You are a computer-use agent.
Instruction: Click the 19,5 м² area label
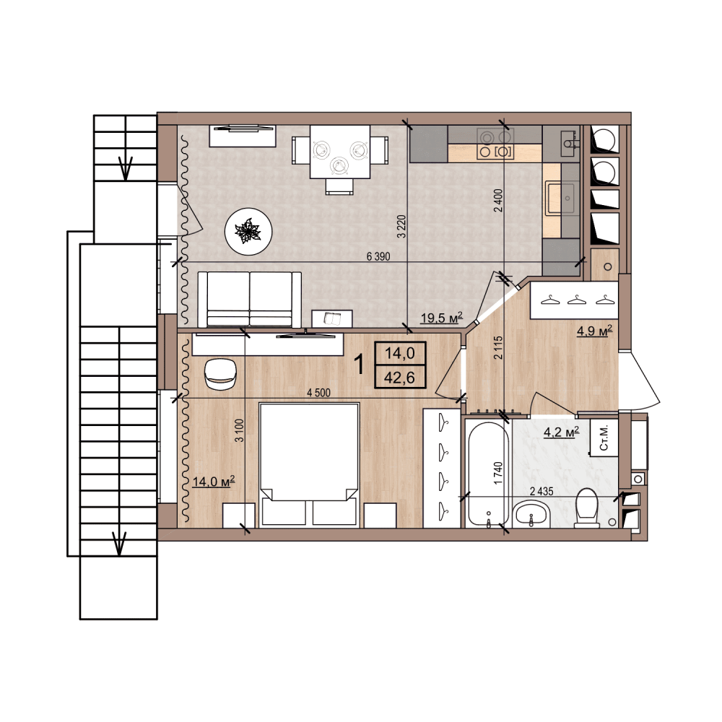(x=441, y=318)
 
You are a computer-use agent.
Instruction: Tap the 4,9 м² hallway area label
(x=594, y=331)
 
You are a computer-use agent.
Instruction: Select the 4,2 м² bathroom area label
(x=561, y=432)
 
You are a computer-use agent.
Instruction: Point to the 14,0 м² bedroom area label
(x=214, y=482)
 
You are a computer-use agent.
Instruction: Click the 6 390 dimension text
(x=378, y=256)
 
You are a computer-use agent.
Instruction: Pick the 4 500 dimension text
(x=318, y=393)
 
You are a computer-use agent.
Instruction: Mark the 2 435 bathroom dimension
(x=541, y=491)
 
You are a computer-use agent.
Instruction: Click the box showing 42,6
(x=400, y=377)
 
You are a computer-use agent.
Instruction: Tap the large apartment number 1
(x=359, y=365)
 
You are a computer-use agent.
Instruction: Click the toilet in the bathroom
(x=586, y=508)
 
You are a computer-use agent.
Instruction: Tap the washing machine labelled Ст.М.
(x=604, y=438)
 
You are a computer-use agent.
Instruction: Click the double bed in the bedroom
(x=309, y=464)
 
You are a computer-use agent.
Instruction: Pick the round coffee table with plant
(x=248, y=231)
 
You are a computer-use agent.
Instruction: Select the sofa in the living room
(x=250, y=300)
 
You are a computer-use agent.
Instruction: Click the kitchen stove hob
(x=495, y=144)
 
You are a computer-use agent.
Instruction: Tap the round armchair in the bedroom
(x=220, y=374)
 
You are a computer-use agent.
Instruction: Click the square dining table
(x=340, y=152)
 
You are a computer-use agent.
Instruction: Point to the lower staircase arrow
(x=119, y=543)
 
